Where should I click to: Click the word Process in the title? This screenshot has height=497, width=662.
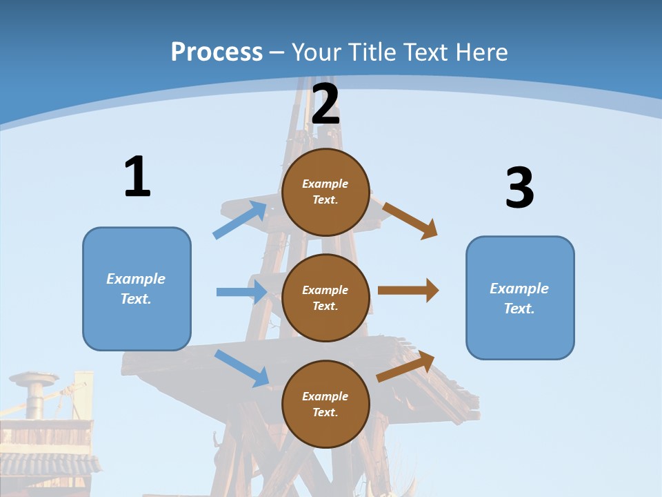tap(217, 52)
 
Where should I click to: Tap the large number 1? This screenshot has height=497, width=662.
tap(137, 177)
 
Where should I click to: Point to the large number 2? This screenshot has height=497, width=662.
tap(325, 104)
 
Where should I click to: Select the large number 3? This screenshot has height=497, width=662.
tap(519, 188)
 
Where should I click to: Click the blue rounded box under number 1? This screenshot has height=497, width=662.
tap(137, 289)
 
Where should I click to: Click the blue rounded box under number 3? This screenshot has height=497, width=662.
tap(520, 298)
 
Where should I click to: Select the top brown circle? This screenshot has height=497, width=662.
tap(325, 192)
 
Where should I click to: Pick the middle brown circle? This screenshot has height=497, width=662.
tap(325, 298)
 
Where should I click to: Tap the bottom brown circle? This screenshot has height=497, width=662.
tap(325, 404)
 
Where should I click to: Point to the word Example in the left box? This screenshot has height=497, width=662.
tap(136, 279)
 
